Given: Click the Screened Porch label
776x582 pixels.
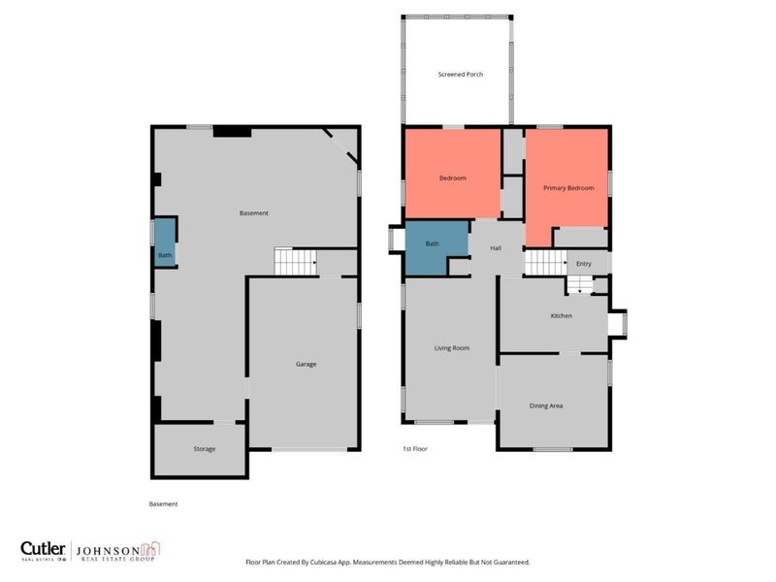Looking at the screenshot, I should tap(460, 75).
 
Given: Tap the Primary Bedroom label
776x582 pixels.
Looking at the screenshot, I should tap(567, 187).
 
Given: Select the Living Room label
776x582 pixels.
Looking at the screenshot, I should tap(451, 347).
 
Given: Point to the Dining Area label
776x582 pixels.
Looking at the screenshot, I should tap(546, 405).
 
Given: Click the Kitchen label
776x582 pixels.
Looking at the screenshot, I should tap(561, 316).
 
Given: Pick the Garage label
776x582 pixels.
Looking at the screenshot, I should tap(307, 364).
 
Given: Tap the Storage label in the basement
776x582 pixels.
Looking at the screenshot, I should tap(204, 449).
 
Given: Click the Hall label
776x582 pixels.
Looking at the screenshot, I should tap(496, 248).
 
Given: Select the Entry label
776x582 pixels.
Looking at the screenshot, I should tap(584, 264).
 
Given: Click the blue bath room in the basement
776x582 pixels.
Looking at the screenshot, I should tap(164, 242).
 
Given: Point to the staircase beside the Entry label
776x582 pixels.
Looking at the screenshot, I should tap(545, 263).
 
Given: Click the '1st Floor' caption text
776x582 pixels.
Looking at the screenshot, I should tap(415, 449).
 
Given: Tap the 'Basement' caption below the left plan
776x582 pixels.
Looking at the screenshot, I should tap(163, 503).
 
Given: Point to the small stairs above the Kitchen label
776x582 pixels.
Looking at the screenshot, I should tap(579, 284).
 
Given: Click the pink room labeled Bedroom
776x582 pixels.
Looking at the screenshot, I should tap(453, 177).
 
